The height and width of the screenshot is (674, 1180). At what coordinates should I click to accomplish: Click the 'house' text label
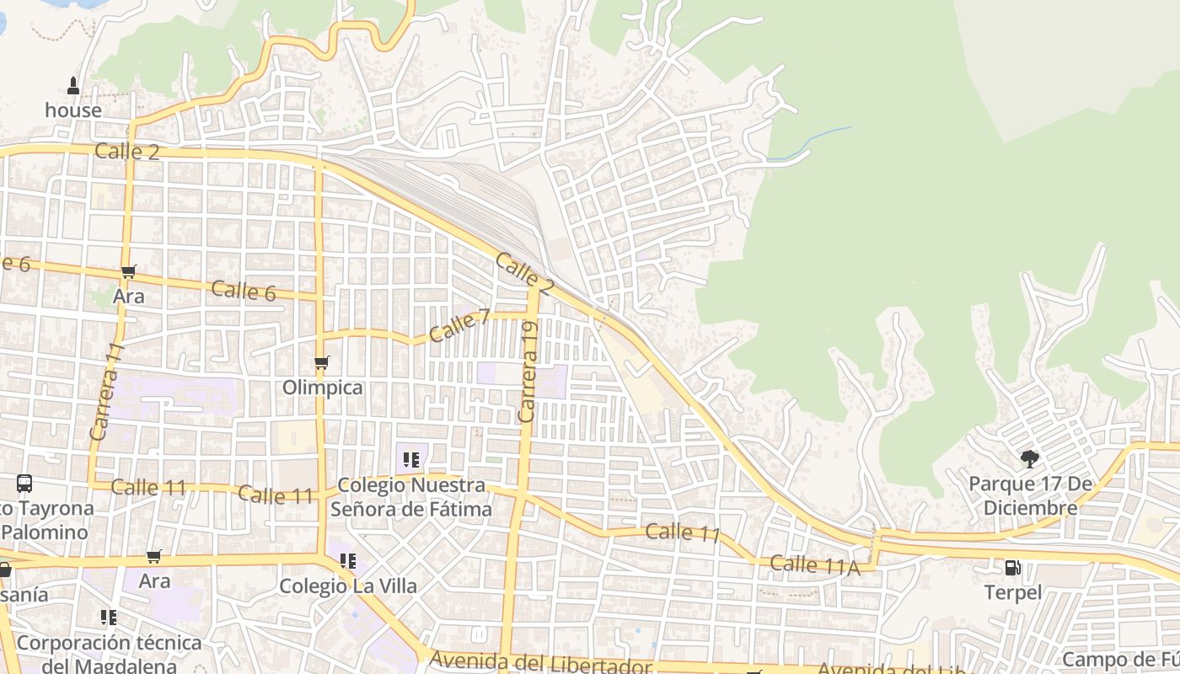(x=73, y=110)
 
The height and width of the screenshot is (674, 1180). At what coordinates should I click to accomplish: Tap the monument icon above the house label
(x=73, y=86)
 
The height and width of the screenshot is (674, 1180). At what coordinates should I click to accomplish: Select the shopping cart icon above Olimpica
(x=321, y=363)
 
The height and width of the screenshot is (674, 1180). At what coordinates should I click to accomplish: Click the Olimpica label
(x=323, y=388)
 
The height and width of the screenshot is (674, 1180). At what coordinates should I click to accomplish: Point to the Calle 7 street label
(x=459, y=325)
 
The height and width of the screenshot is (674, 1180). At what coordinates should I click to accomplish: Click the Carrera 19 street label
(x=528, y=372)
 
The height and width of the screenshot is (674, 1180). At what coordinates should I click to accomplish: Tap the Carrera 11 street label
(x=107, y=391)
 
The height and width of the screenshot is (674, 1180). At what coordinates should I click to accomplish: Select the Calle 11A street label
(x=814, y=565)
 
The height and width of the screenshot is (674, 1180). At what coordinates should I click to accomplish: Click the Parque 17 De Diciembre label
(x=1030, y=496)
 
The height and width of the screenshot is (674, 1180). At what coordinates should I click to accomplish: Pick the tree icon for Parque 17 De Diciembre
(x=1029, y=459)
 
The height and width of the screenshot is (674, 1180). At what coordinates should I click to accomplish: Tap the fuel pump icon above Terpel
(x=1013, y=568)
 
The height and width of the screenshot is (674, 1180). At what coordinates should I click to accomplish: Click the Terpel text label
(x=1013, y=592)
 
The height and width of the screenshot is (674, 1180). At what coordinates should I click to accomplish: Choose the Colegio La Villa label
(x=348, y=586)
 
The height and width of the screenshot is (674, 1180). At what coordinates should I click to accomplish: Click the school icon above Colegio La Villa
(x=347, y=560)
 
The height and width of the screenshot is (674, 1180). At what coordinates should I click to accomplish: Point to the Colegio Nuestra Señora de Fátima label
(x=411, y=497)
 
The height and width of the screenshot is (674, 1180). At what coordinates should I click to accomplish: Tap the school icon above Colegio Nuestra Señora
(x=411, y=460)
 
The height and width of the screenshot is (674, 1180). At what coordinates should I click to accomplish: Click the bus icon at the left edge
(x=24, y=484)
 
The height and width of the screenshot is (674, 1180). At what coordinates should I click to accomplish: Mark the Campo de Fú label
(x=1121, y=659)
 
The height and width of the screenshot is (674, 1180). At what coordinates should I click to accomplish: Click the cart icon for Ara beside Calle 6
(x=129, y=271)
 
